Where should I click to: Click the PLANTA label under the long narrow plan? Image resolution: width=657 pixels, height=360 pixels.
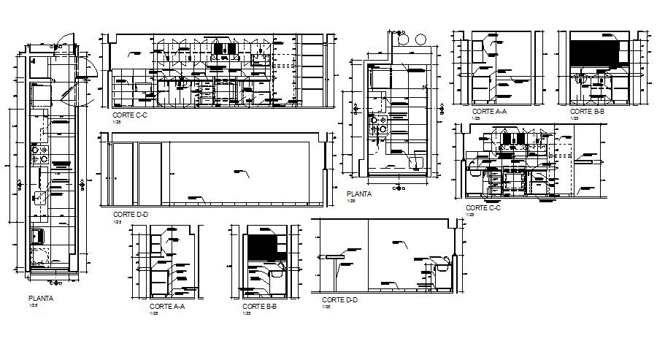click(x=40, y=298)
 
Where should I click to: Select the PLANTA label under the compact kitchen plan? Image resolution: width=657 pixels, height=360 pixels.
click(x=359, y=194)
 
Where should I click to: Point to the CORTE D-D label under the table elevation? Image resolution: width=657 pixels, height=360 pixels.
click(x=339, y=299)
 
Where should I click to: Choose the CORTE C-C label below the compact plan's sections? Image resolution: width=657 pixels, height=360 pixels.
click(x=483, y=207)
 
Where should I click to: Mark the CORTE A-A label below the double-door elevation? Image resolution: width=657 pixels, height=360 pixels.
click(x=166, y=307)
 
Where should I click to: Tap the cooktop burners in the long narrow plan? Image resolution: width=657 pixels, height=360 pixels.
click(x=39, y=154)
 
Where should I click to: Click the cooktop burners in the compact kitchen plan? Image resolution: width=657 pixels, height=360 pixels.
click(x=377, y=126)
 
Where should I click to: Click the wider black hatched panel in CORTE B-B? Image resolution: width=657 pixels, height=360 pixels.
click(x=593, y=54)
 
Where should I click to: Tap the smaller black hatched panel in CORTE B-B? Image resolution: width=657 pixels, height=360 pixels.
click(x=260, y=245)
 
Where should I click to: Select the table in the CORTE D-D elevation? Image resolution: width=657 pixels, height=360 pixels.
click(x=335, y=258)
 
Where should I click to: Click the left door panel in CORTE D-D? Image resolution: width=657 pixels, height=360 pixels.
click(x=123, y=174)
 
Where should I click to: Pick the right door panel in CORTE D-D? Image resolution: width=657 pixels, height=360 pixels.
click(x=150, y=174)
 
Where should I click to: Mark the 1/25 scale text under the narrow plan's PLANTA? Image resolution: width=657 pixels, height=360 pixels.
click(x=34, y=305)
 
